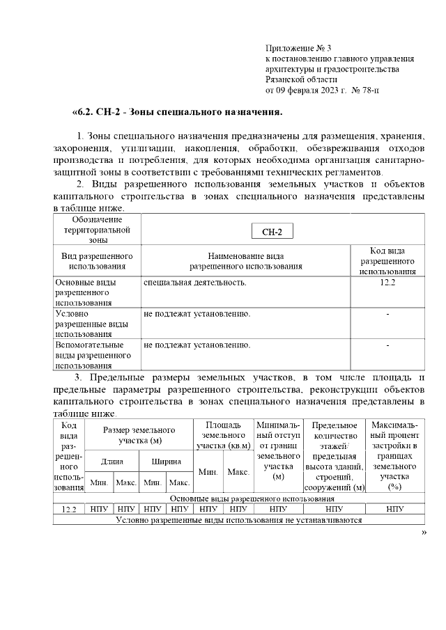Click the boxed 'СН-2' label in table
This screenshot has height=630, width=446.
click(272, 232)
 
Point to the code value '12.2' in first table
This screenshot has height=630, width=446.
click(387, 283)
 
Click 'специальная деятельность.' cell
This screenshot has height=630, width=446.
click(194, 283)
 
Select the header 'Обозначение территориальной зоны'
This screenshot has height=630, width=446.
click(97, 229)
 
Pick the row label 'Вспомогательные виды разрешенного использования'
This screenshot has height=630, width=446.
click(93, 354)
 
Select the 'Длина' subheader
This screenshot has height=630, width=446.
click(111, 461)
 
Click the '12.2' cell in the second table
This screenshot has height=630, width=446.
click(68, 510)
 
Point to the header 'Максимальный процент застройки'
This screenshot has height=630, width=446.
click(394, 450)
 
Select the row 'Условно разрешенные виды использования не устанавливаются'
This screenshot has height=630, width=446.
click(239, 519)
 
